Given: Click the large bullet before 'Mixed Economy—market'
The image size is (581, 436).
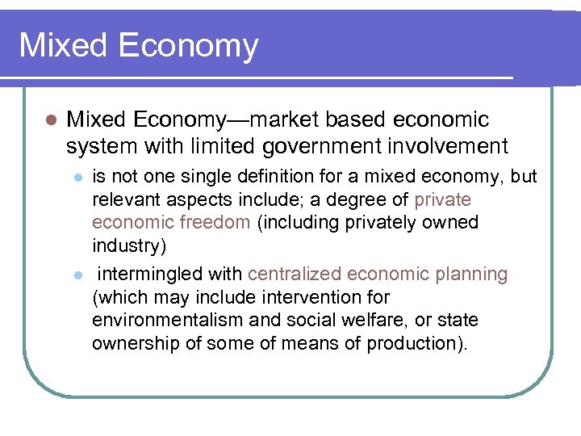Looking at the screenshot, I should [50, 120].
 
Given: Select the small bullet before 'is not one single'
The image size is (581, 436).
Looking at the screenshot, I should [77, 177].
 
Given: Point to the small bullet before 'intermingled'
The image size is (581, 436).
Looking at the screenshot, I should [77, 275].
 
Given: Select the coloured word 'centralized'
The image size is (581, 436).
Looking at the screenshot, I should [295, 275].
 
